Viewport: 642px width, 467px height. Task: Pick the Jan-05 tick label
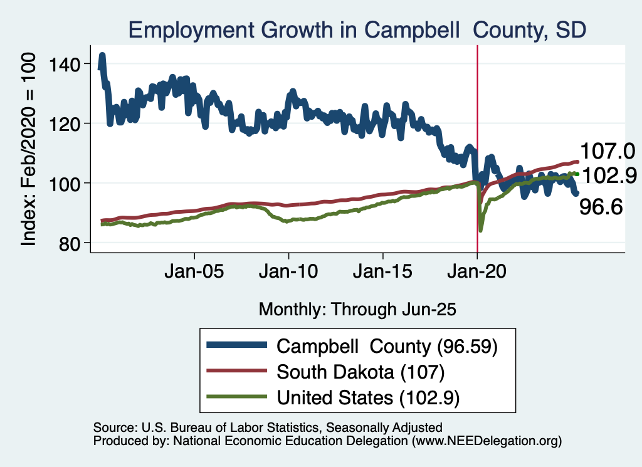pos(194,274)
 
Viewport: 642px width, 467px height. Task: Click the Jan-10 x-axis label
pos(288,274)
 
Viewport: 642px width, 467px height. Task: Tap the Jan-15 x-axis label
pos(383,274)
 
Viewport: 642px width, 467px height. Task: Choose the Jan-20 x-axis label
pos(477,274)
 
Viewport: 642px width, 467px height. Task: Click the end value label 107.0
pos(608,151)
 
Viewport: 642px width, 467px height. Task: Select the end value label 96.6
pos(601,206)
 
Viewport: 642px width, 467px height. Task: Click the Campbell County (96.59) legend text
pos(387,346)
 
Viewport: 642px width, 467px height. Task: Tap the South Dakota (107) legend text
pos(360,372)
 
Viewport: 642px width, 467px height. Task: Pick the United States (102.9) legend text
pos(366,397)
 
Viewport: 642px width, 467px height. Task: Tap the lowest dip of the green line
pos(480,230)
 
